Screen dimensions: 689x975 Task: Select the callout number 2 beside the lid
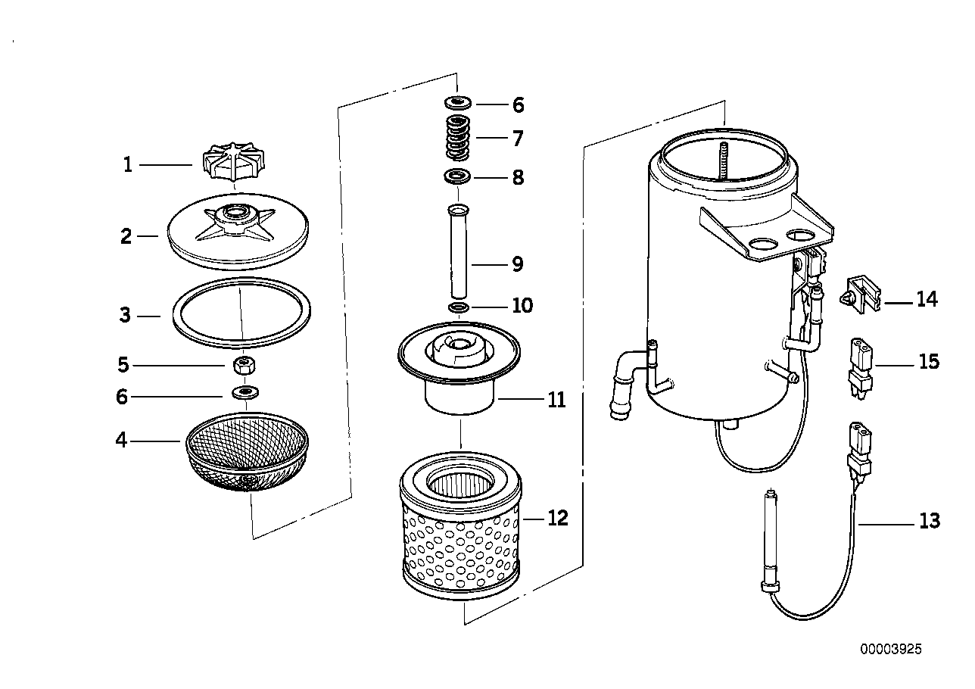(x=126, y=236)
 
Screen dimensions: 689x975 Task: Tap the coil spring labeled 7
(x=457, y=137)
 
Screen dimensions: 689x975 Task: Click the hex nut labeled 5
(x=243, y=366)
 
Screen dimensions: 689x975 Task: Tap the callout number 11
(x=556, y=399)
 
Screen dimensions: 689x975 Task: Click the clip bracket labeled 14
(x=860, y=296)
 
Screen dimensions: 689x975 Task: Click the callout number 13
(x=929, y=521)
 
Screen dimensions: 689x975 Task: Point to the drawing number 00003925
(x=890, y=649)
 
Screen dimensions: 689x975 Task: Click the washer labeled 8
(x=456, y=177)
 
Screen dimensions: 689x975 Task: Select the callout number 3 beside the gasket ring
(x=125, y=315)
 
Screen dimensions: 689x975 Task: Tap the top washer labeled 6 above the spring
(x=457, y=101)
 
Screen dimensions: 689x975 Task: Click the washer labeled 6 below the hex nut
(x=244, y=393)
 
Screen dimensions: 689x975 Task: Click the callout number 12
(x=557, y=519)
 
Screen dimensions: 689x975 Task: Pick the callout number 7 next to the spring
(x=517, y=139)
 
